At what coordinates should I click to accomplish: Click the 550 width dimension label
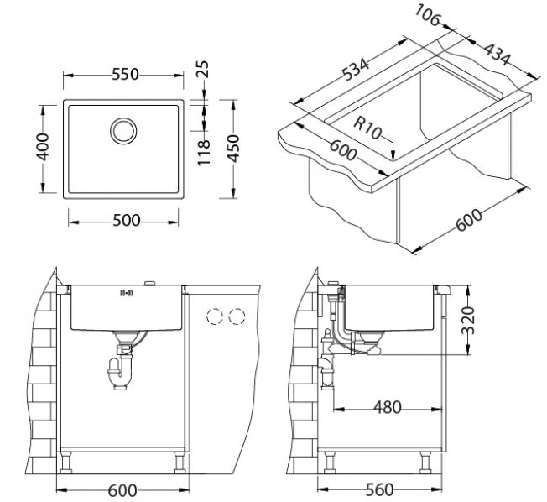click(125, 75)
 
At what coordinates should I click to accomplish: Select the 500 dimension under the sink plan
click(127, 220)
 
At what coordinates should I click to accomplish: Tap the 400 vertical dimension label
click(44, 147)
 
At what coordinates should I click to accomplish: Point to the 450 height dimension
click(233, 149)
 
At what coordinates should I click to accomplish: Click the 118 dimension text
click(204, 153)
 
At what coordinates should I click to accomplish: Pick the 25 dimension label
click(202, 69)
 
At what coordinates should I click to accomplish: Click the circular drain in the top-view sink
click(123, 131)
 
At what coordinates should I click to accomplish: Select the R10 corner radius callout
click(367, 128)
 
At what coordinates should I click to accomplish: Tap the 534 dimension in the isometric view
click(355, 70)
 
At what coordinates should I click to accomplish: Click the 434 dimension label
click(497, 55)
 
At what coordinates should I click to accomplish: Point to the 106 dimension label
click(427, 15)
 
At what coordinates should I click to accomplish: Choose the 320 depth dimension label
click(468, 321)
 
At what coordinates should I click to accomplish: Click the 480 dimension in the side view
click(388, 407)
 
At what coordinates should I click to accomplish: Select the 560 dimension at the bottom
click(379, 490)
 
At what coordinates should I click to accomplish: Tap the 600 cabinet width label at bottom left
click(122, 491)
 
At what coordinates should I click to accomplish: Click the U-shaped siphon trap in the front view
click(119, 374)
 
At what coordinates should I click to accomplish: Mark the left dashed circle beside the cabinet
click(215, 316)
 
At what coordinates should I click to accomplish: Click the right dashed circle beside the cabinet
click(237, 316)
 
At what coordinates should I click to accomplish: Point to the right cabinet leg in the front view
click(180, 463)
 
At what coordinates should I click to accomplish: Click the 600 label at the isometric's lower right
click(469, 221)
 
